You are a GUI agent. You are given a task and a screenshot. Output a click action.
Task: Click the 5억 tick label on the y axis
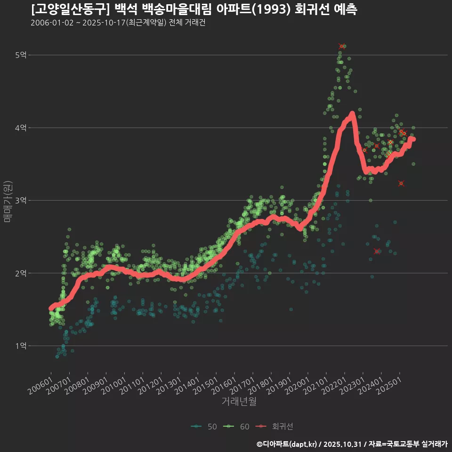coord(20,55)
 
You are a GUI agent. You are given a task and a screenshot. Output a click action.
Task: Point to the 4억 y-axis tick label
coord(20,128)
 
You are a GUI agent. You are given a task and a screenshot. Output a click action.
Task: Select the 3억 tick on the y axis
coord(20,201)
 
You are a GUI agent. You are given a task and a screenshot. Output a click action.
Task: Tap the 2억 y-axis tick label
coord(20,273)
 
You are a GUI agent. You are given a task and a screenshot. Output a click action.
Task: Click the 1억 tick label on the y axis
coord(20,346)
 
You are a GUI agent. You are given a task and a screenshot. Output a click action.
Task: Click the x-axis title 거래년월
coord(239,401)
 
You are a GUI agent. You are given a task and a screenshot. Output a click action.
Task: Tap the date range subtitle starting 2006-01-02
coord(118,23)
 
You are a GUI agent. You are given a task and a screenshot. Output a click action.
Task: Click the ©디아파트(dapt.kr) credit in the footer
coord(287,444)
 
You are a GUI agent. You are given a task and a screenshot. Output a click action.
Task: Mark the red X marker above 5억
coord(341,46)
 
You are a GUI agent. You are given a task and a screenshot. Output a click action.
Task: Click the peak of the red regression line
coord(352,113)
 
